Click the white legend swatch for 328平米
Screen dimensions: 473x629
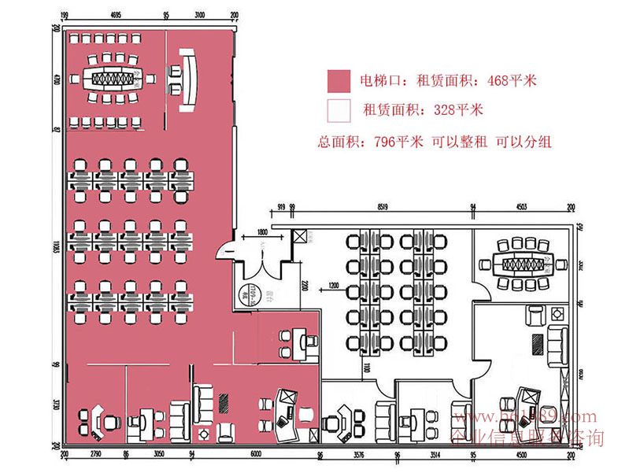click(339, 109)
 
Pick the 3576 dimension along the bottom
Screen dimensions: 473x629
click(357, 454)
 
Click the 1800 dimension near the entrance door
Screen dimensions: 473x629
click(261, 233)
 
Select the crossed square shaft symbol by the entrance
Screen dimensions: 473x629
click(299, 237)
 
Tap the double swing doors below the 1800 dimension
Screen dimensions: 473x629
click(262, 264)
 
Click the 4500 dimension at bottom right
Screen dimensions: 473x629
click(518, 454)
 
